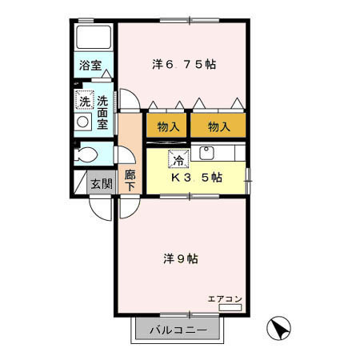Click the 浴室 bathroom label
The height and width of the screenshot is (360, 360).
(x=90, y=66)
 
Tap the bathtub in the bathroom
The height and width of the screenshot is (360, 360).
(x=94, y=38)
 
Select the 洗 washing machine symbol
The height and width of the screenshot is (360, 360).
(x=83, y=101)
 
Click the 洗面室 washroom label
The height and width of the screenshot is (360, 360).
(x=103, y=113)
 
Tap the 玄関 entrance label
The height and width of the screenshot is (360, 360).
(x=101, y=183)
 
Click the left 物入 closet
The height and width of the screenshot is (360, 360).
(x=166, y=126)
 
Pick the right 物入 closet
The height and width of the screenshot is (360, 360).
(x=218, y=126)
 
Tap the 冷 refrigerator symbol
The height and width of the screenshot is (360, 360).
(x=178, y=158)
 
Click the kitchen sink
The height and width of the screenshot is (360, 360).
(x=206, y=153)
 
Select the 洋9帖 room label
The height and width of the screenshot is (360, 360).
(x=181, y=258)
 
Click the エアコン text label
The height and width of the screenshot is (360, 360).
(x=225, y=298)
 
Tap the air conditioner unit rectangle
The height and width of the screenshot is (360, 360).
(x=230, y=306)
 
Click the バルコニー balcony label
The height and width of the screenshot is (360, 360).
(x=178, y=329)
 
